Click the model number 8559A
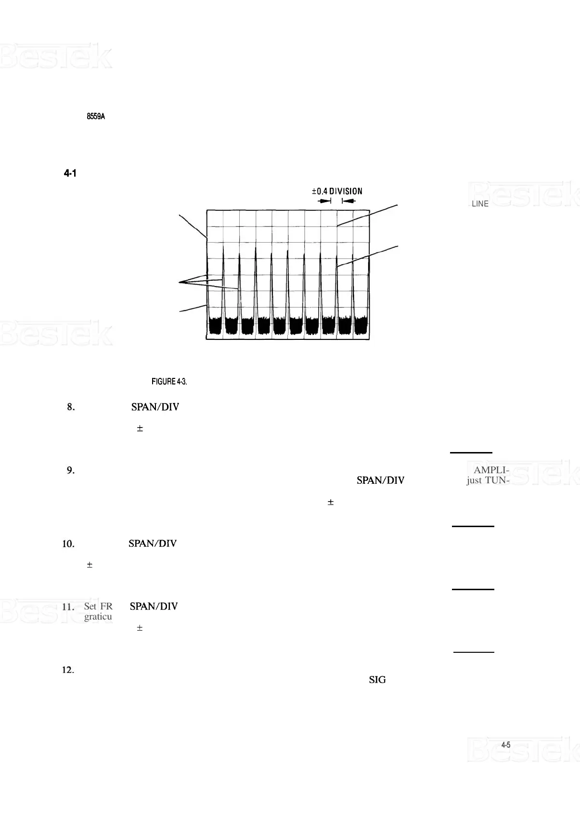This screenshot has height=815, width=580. point(96,116)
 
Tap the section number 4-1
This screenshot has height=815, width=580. point(70,173)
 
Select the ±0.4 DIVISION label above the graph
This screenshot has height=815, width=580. point(337,191)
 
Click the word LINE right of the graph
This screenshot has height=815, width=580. point(480,204)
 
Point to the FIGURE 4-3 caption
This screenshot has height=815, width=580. point(169,382)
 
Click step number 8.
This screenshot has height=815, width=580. point(71,407)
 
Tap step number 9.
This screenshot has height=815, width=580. point(71,470)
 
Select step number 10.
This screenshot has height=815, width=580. point(68,544)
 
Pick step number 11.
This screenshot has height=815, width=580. point(68,607)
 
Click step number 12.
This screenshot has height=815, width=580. point(68,670)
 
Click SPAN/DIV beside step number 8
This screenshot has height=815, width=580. point(155,407)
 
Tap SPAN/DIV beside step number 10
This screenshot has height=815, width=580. point(153,544)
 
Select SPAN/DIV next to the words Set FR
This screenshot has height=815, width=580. point(154,607)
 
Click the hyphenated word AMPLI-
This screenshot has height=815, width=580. point(491,470)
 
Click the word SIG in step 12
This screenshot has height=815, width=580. point(377,680)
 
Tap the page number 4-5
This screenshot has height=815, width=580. point(506,745)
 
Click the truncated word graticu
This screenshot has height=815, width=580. point(98,617)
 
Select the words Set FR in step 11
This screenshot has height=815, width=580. point(98,607)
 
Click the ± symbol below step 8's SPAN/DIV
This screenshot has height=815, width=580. point(140,428)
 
